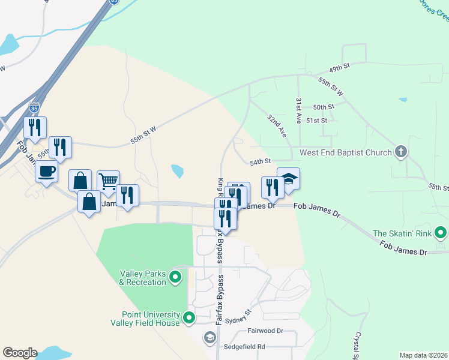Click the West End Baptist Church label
coord(345,152)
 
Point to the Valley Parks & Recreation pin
coord(175,277)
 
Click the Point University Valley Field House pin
coord(189,318)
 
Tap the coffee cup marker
coord(46,172)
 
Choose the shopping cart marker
coord(108,182)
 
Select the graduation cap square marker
coord(288,179)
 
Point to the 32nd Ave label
coord(277,126)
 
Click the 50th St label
coord(323,107)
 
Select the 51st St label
coord(316,121)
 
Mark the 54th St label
coord(261,161)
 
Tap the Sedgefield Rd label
coord(244,346)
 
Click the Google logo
coord(20,353)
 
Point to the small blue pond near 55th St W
coord(177,172)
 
